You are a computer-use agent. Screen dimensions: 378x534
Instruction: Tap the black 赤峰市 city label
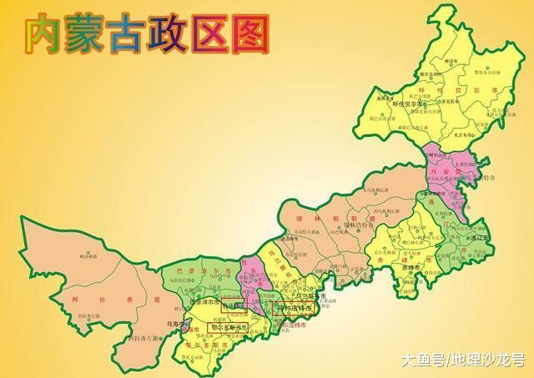409,269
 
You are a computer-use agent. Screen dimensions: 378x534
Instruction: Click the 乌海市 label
175,324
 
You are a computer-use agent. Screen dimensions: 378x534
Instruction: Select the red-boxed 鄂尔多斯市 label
227,328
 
